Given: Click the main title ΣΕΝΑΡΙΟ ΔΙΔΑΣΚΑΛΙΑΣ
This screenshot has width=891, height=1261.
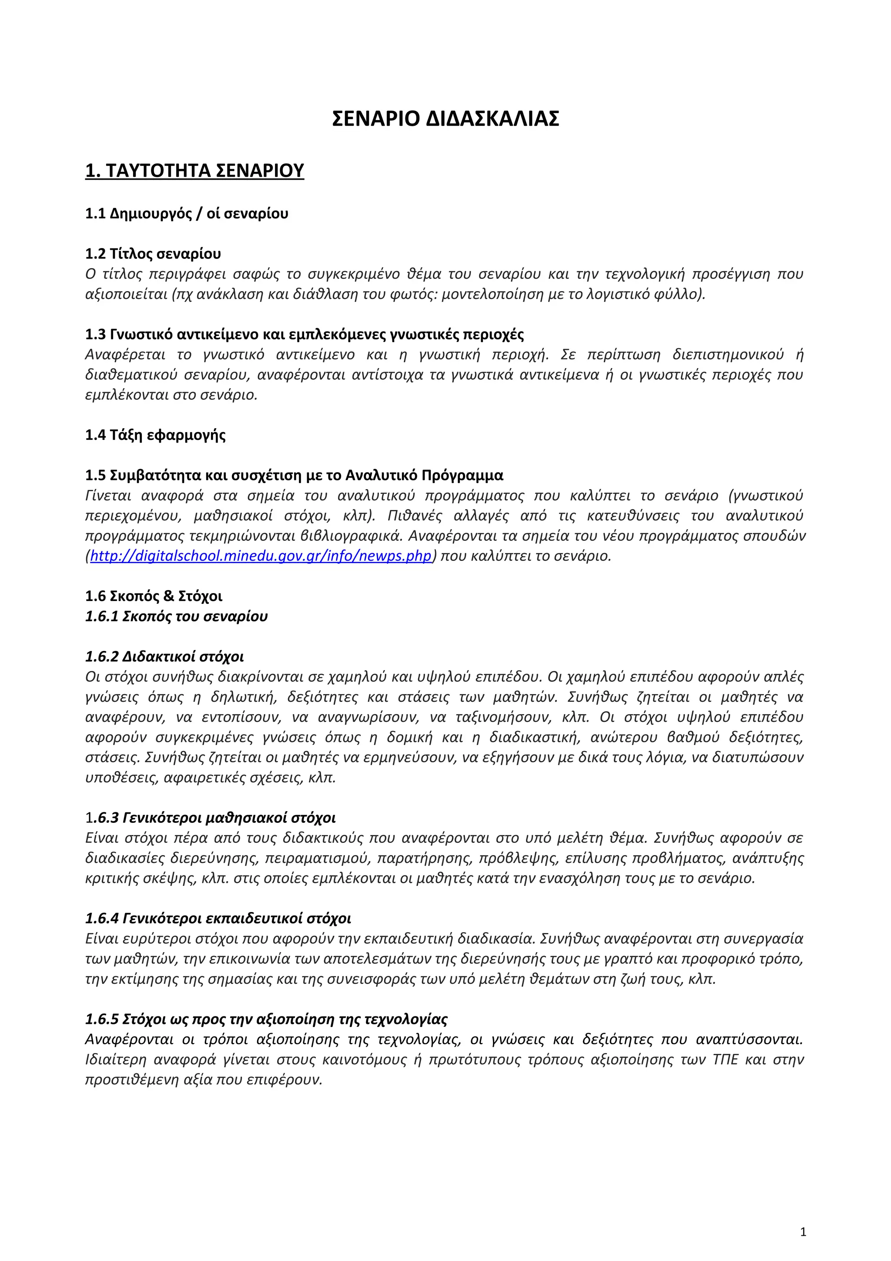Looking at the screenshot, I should (x=445, y=119).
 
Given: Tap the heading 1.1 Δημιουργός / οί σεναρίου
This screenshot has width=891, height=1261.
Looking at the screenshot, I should (x=187, y=213).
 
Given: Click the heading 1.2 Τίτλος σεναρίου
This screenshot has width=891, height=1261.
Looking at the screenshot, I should (x=153, y=254).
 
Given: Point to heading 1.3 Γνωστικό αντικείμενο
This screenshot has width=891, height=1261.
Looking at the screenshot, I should (x=304, y=335).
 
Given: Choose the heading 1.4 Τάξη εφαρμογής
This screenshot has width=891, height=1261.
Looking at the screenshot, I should (x=155, y=435).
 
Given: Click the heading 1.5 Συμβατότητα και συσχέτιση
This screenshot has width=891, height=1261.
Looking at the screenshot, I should (x=294, y=475).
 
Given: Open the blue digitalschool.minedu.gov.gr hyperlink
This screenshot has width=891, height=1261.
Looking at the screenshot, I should (x=261, y=556).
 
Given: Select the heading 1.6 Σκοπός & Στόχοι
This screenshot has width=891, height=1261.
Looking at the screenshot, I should (x=154, y=596).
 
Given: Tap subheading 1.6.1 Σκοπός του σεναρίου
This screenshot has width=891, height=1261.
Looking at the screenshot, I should (x=176, y=616).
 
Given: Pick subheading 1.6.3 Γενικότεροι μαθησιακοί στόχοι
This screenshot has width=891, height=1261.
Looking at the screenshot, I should (x=210, y=818).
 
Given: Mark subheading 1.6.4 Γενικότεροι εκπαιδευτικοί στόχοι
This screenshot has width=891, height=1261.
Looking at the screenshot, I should (x=218, y=918).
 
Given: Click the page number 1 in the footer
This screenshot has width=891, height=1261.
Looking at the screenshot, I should (x=803, y=1232).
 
